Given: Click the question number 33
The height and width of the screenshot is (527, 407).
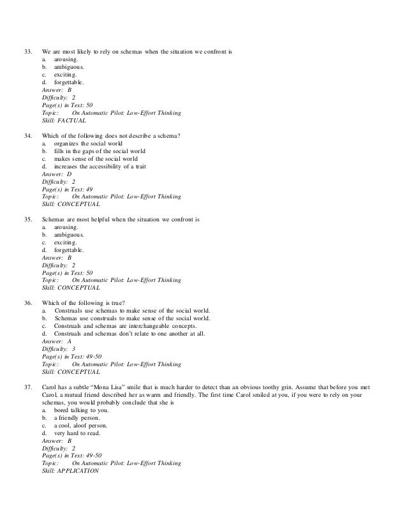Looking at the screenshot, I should click(27, 50).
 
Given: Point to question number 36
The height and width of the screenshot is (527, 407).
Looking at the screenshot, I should click(27, 303).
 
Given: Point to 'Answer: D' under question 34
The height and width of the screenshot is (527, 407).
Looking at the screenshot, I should click(57, 174).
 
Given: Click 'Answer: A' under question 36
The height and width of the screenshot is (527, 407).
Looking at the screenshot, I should click(57, 342).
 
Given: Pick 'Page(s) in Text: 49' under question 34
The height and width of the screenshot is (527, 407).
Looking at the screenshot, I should click(67, 189).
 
